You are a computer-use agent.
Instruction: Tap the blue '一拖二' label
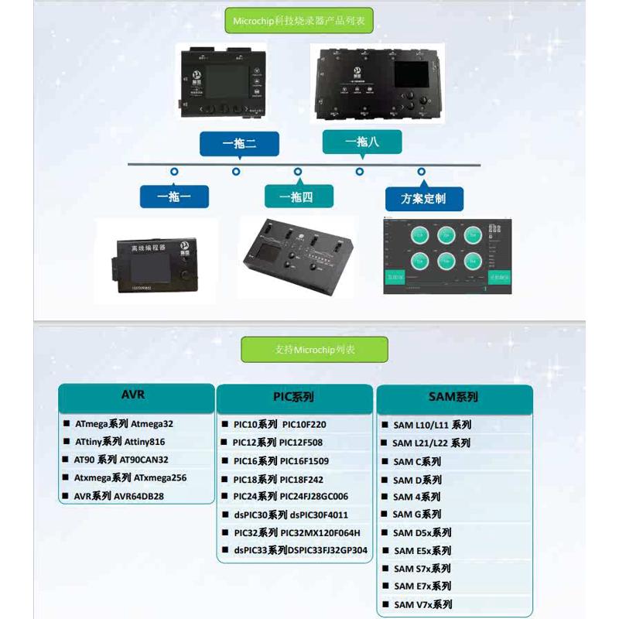click(239, 144)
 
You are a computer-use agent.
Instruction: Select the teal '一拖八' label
click(361, 142)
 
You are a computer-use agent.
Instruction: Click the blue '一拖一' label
click(175, 197)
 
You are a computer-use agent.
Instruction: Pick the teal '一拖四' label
click(299, 197)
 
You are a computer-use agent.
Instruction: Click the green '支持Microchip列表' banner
click(315, 350)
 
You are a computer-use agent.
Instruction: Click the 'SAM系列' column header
click(453, 397)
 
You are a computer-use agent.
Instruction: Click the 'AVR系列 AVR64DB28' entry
click(119, 496)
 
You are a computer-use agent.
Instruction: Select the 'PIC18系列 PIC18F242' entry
click(278, 479)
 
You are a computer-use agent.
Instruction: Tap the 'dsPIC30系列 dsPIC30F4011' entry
click(290, 515)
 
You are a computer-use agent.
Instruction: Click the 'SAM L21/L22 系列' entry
click(431, 443)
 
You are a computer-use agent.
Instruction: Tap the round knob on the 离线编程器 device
click(186, 275)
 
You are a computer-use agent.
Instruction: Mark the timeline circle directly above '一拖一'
click(175, 171)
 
